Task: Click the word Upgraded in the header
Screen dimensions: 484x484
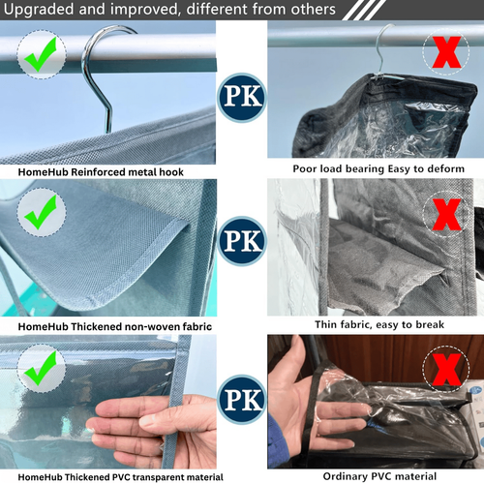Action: coord(39,10)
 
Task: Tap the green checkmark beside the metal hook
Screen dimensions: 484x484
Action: coord(41,53)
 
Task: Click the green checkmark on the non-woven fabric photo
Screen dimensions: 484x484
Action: coord(41,212)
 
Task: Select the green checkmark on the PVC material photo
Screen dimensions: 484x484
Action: coord(41,368)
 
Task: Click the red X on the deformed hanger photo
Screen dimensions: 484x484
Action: coord(446,51)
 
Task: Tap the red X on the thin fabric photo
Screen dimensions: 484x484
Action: coord(446,214)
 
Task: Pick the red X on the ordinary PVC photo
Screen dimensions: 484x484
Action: coord(446,370)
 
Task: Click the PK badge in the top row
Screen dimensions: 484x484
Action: coord(242,97)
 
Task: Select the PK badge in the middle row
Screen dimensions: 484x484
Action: coord(242,241)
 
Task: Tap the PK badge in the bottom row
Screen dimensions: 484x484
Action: coord(242,400)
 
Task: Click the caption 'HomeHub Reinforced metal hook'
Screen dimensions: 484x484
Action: coord(101,172)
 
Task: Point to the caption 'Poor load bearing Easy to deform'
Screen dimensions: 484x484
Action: coord(378,168)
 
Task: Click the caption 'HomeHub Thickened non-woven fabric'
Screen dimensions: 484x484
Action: coord(115,326)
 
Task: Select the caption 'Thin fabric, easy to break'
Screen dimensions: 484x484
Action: coord(379,324)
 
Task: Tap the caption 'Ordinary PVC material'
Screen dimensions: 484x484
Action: coord(379,476)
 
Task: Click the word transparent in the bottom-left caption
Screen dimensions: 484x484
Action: coord(158,477)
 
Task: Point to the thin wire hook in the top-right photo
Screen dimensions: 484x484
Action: coord(383,48)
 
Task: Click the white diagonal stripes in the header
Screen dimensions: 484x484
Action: coord(364,10)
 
